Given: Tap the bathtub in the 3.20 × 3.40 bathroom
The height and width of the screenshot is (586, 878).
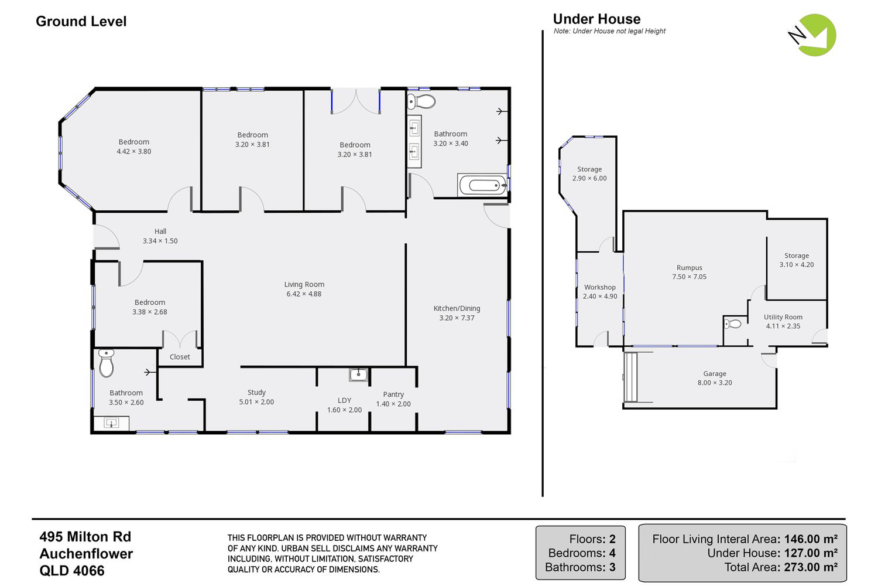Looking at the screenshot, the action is pos(482,185).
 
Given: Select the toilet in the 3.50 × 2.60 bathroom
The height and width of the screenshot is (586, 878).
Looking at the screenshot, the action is pos(106,363).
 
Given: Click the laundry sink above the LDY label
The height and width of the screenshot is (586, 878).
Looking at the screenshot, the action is pos(358,374).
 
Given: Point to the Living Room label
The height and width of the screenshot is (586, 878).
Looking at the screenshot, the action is pos(304,284).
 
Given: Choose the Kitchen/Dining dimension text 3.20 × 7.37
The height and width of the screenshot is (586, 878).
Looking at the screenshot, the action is pos(457,318).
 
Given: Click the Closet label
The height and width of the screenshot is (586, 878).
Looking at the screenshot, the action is pos(180,357).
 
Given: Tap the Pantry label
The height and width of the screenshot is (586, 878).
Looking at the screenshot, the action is pos(393,394).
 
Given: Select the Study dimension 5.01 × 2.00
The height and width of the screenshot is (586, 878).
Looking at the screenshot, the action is pos(256,402).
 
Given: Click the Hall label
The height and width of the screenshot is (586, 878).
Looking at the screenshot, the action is pos(160,231).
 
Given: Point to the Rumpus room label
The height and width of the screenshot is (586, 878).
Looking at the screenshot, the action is pos(690,268).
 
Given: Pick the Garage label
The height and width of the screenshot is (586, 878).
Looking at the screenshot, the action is pos(715,374).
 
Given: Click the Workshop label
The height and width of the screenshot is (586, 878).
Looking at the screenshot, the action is pos(600,287).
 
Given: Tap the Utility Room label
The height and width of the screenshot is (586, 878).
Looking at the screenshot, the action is pos(783,317).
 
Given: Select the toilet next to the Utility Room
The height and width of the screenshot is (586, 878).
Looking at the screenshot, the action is pos(733,324).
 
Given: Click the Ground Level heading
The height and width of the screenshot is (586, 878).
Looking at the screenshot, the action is pos(81,22).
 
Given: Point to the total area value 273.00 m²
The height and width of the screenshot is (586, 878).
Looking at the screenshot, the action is pos(811,567).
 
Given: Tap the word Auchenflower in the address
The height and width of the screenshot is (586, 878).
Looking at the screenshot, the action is pos(86,554).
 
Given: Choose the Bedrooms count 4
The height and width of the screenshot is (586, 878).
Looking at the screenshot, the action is pos(612,553).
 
